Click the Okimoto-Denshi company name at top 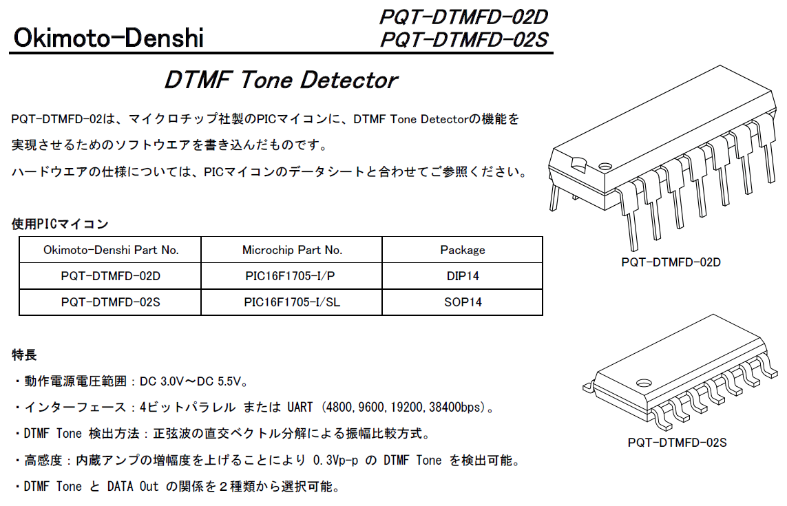[x=108, y=38]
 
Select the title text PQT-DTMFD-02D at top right [x=464, y=17]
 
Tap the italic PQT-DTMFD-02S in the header [x=464, y=40]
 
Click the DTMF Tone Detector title [x=281, y=80]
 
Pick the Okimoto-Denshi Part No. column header [x=111, y=250]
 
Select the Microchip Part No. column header [x=292, y=250]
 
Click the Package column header [x=463, y=250]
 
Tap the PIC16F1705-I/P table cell [x=290, y=276]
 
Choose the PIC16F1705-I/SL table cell [x=292, y=302]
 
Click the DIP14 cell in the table [x=463, y=276]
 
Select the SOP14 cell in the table [x=463, y=302]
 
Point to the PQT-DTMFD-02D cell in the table [x=110, y=276]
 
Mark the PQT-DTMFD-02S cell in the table [x=110, y=302]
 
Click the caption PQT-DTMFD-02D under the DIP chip [x=671, y=262]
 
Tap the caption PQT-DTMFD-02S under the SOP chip [x=677, y=443]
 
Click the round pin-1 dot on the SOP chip [x=643, y=383]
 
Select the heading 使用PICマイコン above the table [x=60, y=224]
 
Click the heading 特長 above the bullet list [x=24, y=355]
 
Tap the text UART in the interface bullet [x=300, y=407]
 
